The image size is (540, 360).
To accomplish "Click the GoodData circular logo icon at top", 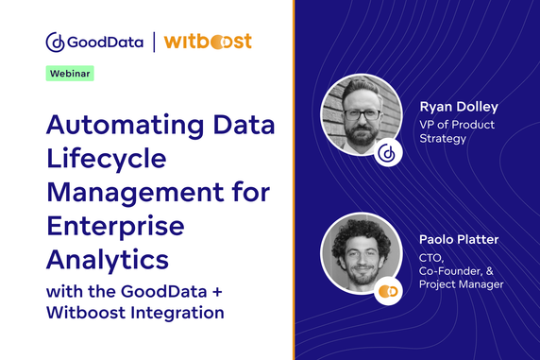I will (x=55, y=43).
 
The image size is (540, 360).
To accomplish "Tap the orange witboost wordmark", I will (x=207, y=43).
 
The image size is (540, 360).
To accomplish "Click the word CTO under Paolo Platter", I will (x=430, y=257).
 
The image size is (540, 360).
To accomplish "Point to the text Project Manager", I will (x=462, y=284).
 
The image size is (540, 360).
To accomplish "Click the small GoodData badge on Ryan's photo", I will (x=385, y=154).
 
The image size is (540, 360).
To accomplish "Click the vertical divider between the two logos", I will (x=152, y=43).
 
